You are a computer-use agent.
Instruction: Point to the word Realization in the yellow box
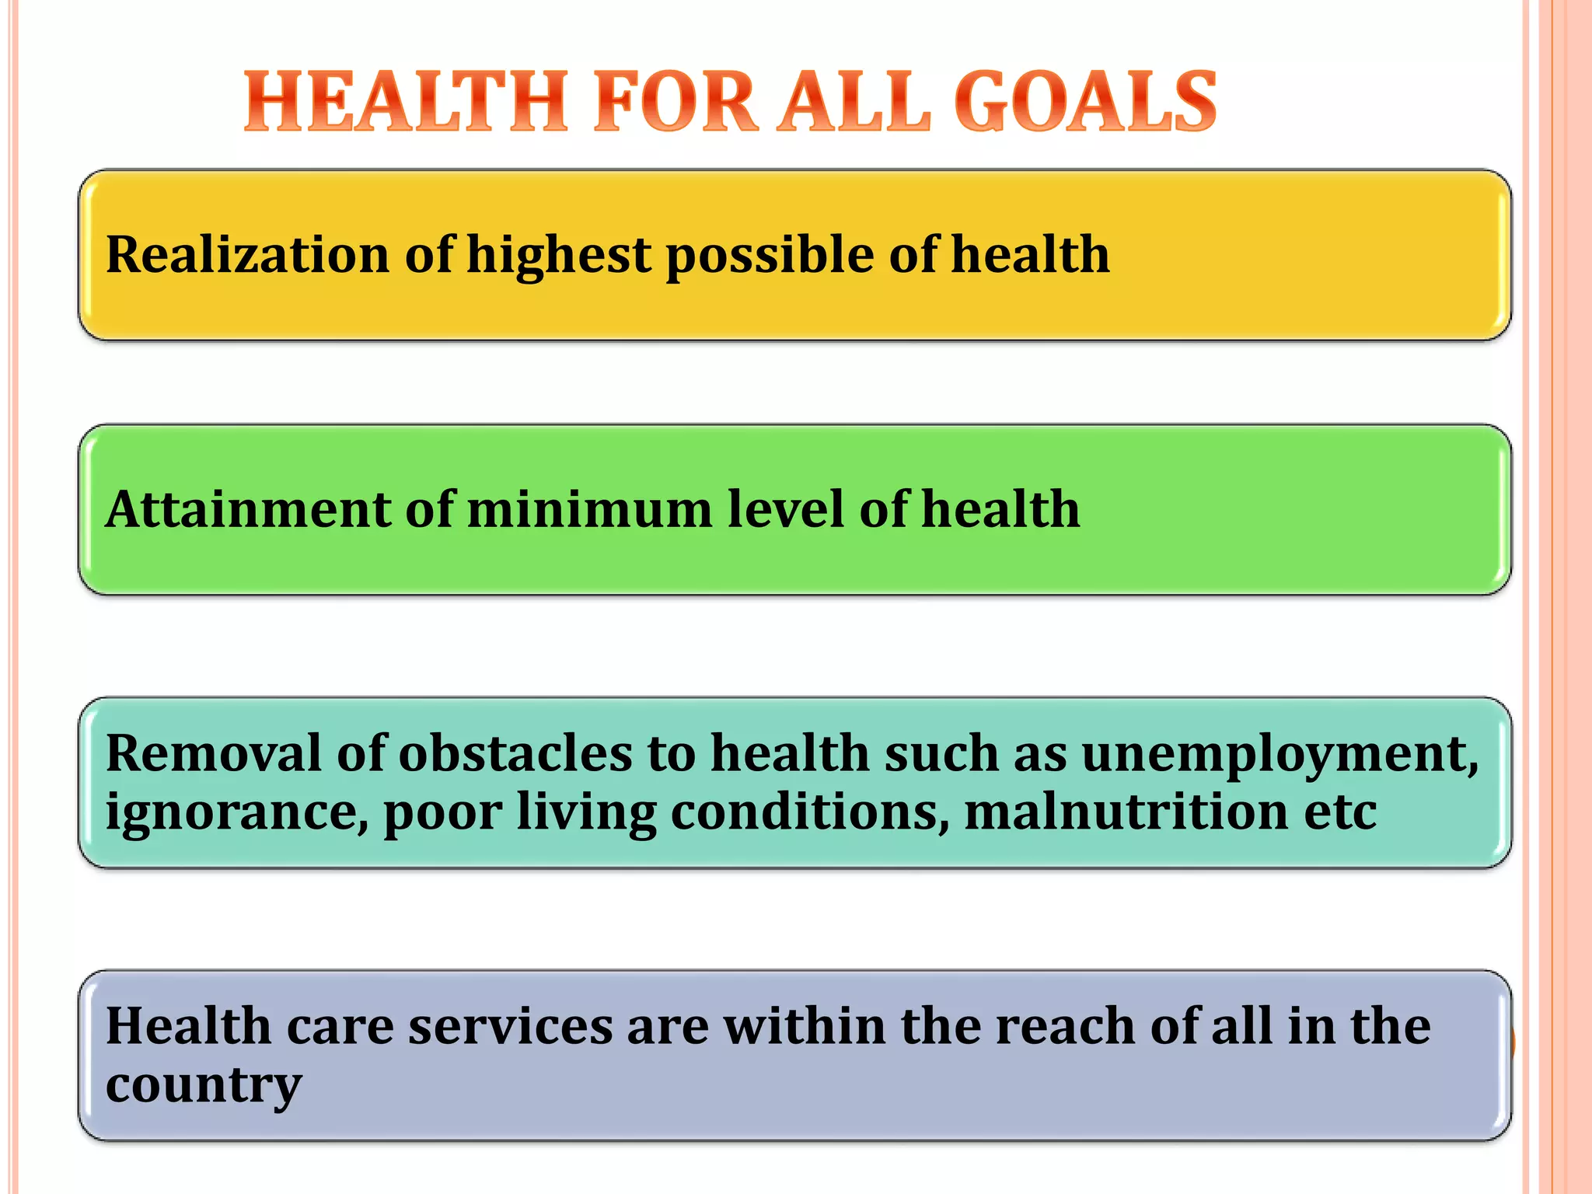coord(247,254)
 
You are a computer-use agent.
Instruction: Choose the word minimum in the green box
coord(590,509)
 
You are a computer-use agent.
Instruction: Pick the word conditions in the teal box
coord(809,812)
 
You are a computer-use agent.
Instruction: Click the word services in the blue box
coord(511,1026)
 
